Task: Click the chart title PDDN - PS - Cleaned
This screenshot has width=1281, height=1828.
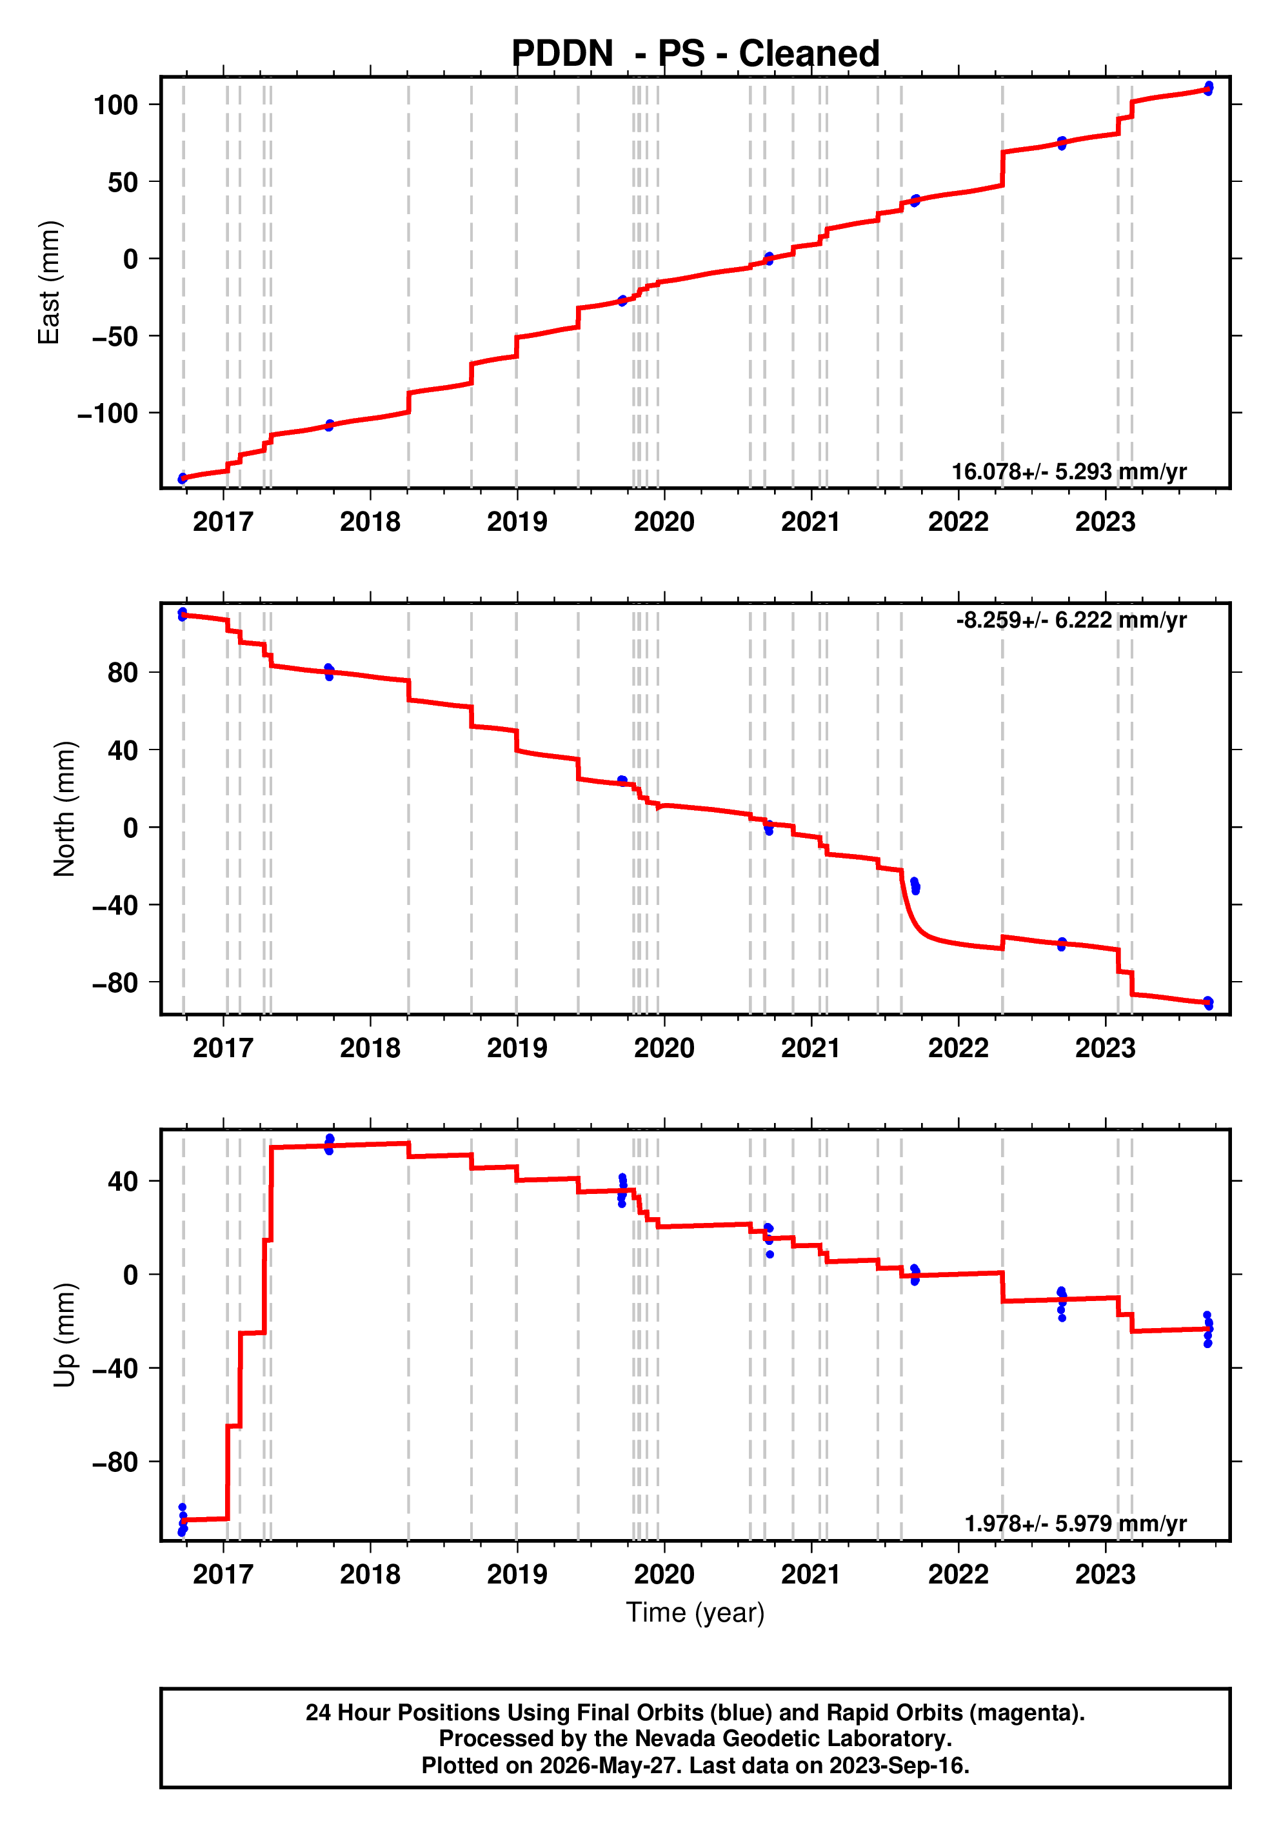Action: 695,54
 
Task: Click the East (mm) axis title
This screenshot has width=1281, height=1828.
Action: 50,283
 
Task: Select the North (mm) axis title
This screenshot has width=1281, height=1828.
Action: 65,809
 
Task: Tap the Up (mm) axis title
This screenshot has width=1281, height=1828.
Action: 65,1335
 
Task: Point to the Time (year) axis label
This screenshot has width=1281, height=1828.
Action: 695,1612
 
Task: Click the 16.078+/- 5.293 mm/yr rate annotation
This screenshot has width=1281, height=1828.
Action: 1069,472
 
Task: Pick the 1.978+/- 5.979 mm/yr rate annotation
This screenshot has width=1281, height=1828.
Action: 1076,1523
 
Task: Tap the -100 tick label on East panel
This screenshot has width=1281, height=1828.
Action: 108,413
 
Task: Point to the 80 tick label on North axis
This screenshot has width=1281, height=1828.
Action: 123,673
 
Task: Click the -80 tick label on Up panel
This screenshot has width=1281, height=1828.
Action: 115,1462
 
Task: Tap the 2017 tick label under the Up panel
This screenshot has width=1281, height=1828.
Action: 223,1574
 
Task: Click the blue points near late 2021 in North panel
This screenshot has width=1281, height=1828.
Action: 915,886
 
